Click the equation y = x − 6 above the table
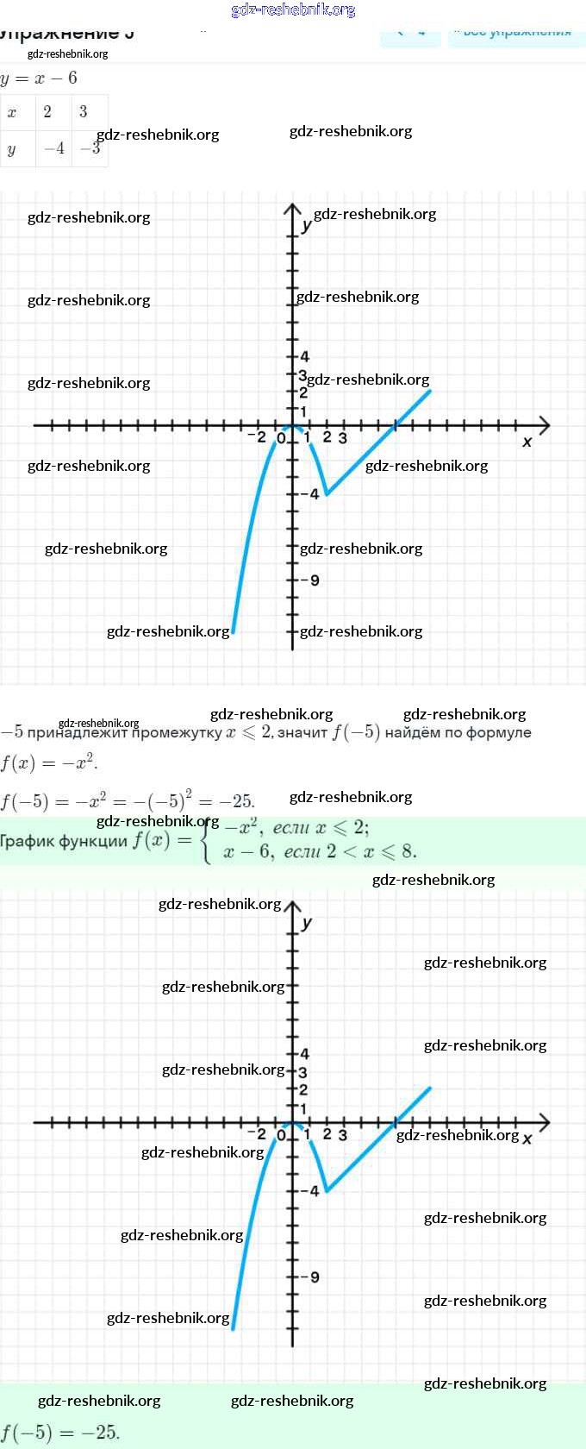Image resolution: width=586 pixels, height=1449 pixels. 40,78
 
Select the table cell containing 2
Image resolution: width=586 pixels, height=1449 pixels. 47,111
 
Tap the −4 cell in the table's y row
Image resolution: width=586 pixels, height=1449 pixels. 54,148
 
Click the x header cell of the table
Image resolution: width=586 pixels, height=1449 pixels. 12,112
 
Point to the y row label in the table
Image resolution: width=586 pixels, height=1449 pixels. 11,149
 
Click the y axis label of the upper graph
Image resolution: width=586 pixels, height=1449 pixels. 307,226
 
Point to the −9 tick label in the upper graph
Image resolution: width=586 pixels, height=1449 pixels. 311,580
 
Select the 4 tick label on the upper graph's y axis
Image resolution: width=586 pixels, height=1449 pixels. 305,356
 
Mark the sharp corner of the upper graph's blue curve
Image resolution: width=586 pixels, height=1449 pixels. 326,494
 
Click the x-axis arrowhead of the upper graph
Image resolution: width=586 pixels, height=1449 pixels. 544,425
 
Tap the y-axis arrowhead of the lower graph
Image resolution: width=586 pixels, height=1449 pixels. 293,907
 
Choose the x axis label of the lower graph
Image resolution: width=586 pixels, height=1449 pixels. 527,1138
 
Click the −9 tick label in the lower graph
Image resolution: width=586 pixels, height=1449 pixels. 311,1277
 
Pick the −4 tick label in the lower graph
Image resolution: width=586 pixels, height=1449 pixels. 310,1191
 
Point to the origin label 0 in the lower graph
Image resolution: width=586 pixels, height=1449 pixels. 281,1136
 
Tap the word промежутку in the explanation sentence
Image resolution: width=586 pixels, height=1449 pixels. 177,733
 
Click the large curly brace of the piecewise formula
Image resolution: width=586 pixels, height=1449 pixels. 207,839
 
